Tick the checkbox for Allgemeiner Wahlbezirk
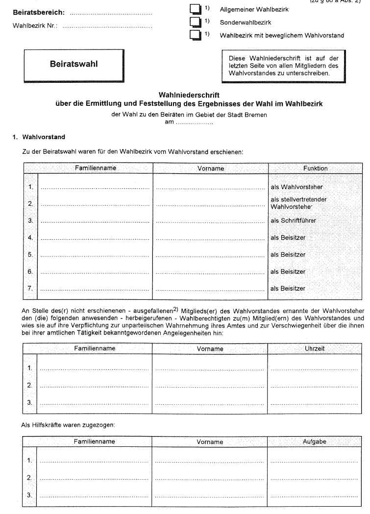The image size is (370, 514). (195, 9)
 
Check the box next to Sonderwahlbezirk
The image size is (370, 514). (195, 22)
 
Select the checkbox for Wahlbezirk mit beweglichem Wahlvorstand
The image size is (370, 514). (195, 35)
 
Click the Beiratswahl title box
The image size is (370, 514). (74, 64)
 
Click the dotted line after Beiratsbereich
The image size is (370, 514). (111, 13)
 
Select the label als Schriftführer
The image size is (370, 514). (294, 221)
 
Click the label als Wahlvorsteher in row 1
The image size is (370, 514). (296, 187)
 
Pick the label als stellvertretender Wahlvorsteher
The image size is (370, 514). (298, 203)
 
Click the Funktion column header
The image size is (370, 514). (315, 169)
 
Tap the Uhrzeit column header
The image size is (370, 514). (315, 349)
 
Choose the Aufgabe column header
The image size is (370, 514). (315, 441)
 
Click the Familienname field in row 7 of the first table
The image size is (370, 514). (96, 289)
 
